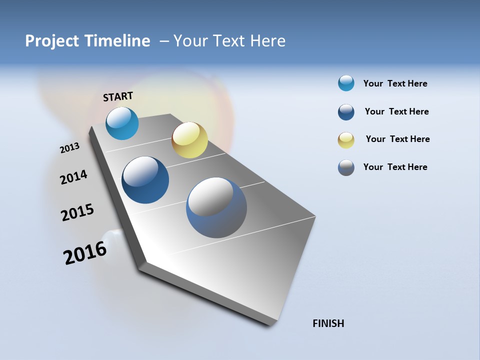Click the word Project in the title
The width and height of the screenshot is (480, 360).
pos(52,41)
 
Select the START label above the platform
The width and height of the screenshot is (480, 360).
pos(118,96)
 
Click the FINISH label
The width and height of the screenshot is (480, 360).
pos(328,323)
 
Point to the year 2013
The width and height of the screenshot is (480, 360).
pos(69,148)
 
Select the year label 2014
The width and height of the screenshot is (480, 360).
pos(73,177)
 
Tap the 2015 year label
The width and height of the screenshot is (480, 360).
pos(77,212)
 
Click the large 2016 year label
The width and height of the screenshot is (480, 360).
pos(85,253)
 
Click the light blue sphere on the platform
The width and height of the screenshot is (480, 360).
pos(122,123)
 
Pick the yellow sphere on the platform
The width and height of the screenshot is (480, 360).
pos(189,140)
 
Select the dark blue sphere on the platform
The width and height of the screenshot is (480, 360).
pos(145,180)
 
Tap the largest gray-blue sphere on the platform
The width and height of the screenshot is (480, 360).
pos(216,207)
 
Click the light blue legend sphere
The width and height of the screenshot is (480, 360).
pos(346,83)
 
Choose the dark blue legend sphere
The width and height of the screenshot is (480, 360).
pos(346,112)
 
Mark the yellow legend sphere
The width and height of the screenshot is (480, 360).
pos(346,140)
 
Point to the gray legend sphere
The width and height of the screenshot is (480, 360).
pos(346,167)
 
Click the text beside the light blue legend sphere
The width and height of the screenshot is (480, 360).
pos(395,83)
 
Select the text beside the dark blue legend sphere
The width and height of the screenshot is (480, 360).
pos(396,111)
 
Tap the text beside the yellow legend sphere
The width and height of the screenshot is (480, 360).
pos(397,139)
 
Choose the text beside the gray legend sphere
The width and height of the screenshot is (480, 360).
pos(395,167)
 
